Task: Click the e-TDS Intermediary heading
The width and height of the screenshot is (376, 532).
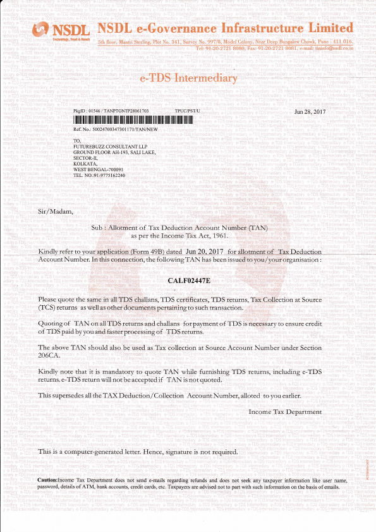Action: point(188,78)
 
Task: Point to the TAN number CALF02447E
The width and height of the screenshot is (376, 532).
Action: point(188,279)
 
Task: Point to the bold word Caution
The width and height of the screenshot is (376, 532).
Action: point(47,481)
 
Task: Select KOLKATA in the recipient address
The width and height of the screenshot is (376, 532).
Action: point(87,164)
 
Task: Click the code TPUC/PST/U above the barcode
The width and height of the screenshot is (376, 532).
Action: point(186,111)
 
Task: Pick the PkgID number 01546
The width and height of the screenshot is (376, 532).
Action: point(99,111)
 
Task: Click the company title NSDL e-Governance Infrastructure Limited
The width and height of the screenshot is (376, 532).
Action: point(226,28)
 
